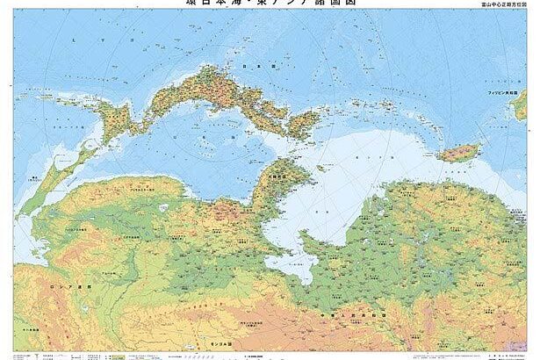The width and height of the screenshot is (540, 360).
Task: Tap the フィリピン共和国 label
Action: [x=508, y=91]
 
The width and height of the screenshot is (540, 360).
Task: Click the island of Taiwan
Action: [x=458, y=154]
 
